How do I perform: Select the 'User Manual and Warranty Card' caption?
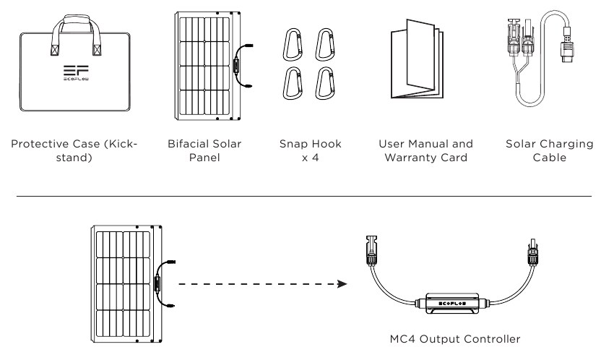coord(415,151)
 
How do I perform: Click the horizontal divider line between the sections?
coord(307,196)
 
